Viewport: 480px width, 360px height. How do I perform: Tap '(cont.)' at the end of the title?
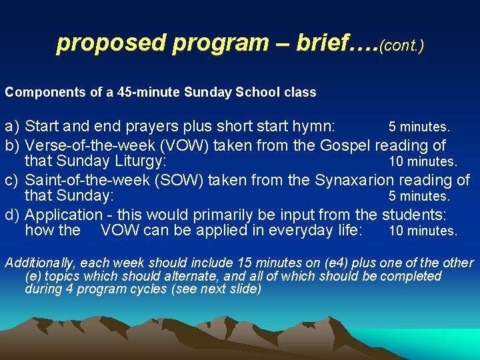[401, 45]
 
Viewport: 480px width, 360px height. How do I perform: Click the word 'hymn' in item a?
[317, 127]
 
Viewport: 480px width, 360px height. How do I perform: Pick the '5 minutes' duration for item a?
[419, 127]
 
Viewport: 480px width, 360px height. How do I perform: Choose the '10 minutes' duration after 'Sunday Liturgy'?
[423, 162]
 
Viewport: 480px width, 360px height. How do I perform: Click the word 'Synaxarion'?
[351, 180]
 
